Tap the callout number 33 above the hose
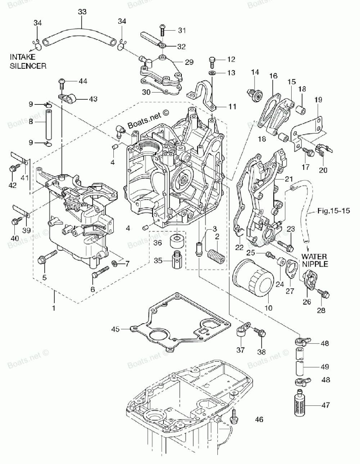pyautogui.click(x=82, y=12)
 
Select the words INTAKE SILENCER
pyautogui.click(x=28, y=62)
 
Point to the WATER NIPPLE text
pyautogui.click(x=315, y=260)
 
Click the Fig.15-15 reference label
pyautogui.click(x=334, y=211)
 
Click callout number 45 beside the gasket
pyautogui.click(x=116, y=329)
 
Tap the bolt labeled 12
pyautogui.click(x=212, y=61)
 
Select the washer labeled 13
pyautogui.click(x=212, y=73)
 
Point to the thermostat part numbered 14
pyautogui.click(x=255, y=95)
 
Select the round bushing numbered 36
pyautogui.click(x=177, y=241)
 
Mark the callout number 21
pyautogui.click(x=289, y=179)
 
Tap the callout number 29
pyautogui.click(x=189, y=62)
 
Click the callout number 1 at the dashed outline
pyautogui.click(x=54, y=308)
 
